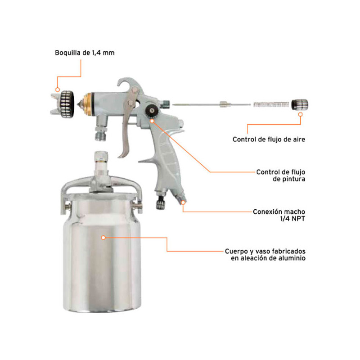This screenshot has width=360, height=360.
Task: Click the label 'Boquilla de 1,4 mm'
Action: (x=85, y=53)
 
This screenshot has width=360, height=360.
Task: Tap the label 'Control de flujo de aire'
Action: (x=269, y=139)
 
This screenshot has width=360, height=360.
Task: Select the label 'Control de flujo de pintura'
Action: (x=281, y=175)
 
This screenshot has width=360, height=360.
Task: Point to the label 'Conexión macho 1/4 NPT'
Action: (x=279, y=215)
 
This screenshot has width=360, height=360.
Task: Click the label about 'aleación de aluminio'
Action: (x=265, y=255)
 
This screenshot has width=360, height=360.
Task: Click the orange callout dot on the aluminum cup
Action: (x=103, y=238)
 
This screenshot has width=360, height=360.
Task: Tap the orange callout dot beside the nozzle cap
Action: (x=58, y=90)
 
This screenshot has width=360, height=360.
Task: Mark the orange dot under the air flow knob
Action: (x=300, y=114)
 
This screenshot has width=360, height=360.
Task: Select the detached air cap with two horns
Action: (x=62, y=104)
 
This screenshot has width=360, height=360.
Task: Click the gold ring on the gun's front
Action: (x=87, y=105)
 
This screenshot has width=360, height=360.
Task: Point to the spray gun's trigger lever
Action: (x=127, y=124)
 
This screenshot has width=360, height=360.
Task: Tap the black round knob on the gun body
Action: (x=152, y=111)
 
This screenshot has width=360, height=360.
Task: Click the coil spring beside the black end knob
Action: (x=271, y=105)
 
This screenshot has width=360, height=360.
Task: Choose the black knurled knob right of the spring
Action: (x=300, y=105)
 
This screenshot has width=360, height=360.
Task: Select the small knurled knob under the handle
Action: (x=161, y=203)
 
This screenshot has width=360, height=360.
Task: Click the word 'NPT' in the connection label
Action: (x=298, y=219)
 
